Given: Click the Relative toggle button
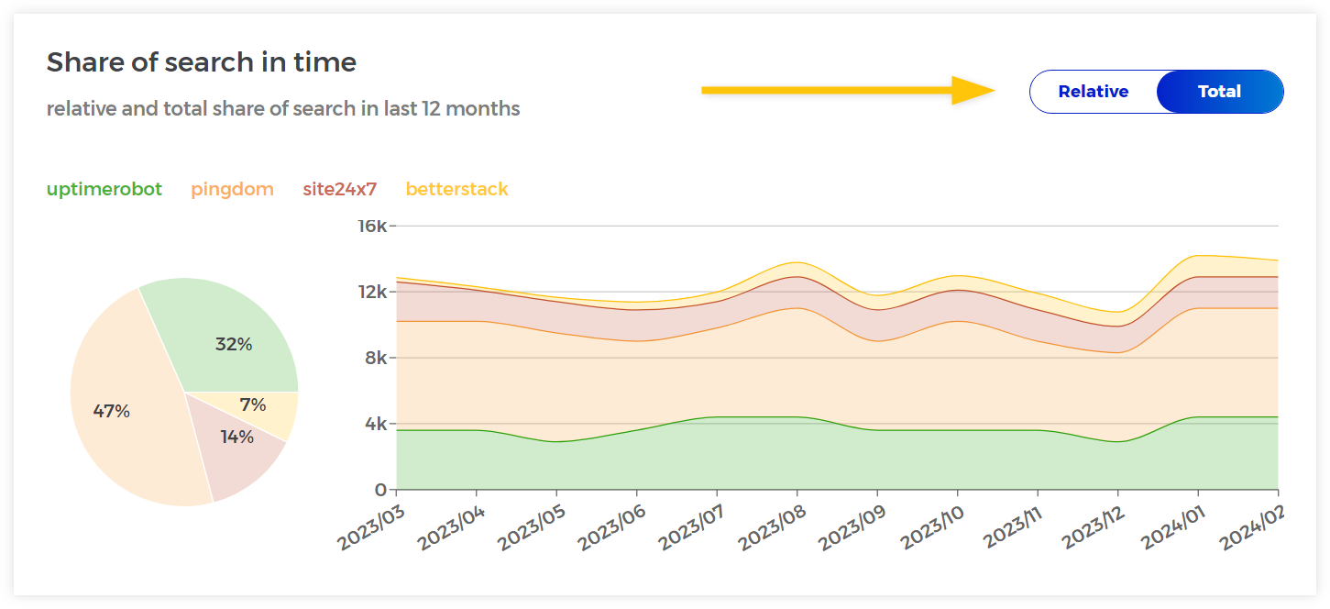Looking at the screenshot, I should point(1093,92).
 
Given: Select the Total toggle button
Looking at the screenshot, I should point(1219,92).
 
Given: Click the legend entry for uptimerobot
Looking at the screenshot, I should point(104,190).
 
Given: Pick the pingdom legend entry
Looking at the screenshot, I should point(232,190).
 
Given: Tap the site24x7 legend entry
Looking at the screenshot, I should point(339,190).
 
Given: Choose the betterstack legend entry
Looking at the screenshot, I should point(456,190).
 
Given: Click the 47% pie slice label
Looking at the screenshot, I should point(112,412).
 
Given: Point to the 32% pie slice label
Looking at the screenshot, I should point(234,345).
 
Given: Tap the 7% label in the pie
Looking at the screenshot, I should point(253,405).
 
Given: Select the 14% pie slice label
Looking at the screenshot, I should point(236,437).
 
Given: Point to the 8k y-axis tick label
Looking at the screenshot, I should point(375,358).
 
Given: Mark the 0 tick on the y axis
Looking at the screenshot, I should point(379,490).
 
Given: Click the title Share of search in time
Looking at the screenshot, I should point(202,62).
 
